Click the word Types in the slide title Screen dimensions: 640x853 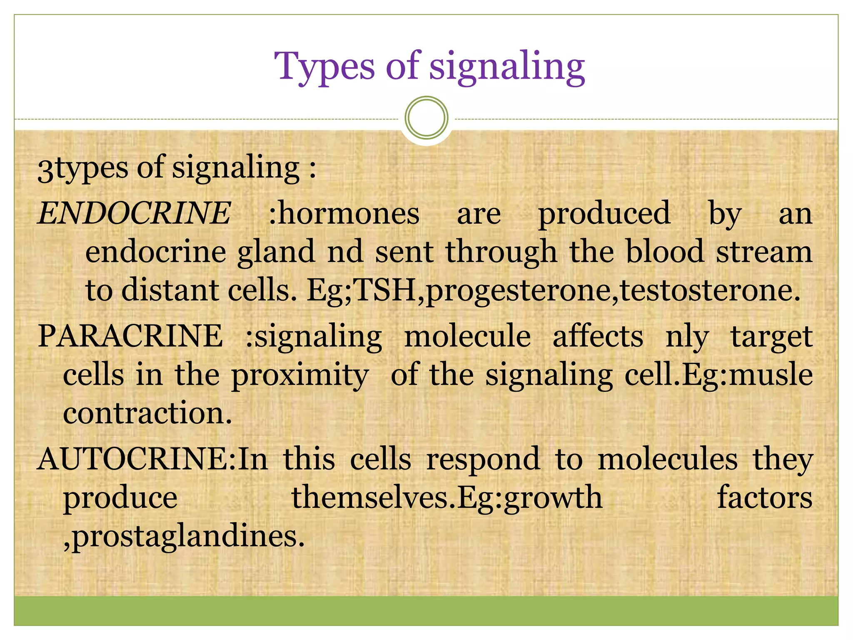click(x=324, y=67)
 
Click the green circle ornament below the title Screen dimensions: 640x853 click(x=426, y=117)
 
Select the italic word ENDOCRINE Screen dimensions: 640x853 click(x=134, y=213)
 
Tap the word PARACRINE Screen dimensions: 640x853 click(x=130, y=336)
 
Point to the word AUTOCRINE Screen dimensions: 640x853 click(x=136, y=459)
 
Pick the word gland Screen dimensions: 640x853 click(x=276, y=252)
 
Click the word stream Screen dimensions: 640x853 click(x=764, y=252)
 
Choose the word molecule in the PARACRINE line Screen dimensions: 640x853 click(x=467, y=336)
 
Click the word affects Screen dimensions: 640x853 click(x=598, y=336)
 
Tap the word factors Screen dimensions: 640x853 click(x=764, y=497)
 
